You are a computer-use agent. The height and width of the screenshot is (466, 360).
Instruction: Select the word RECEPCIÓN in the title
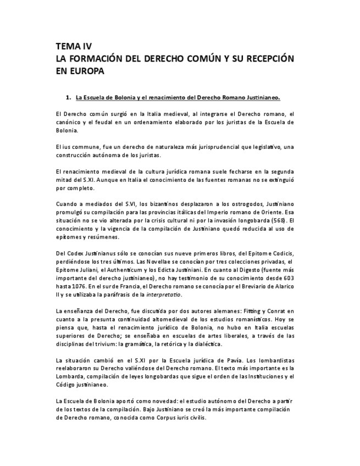(265, 58)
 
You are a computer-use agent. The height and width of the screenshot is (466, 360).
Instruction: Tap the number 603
(288, 278)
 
